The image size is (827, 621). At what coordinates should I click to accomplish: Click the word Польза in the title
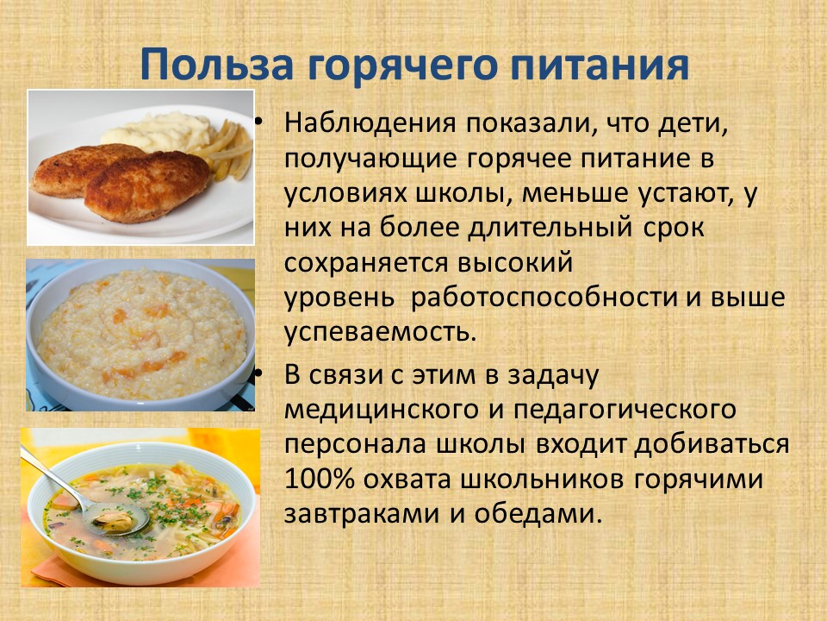pos(217,64)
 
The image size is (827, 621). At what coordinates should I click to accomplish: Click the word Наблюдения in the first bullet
pos(370,123)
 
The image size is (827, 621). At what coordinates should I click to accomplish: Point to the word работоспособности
pos(544,298)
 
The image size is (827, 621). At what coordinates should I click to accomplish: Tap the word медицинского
pos(381,410)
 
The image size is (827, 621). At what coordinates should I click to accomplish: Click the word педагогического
pos(625,410)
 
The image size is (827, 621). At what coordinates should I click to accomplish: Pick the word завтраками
pos(361,514)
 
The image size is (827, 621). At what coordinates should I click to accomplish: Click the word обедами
pos(538,512)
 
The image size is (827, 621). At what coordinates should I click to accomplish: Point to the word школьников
pos(541,480)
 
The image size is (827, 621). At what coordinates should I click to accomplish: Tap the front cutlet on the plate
pos(147,186)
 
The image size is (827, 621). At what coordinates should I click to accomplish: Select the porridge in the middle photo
pos(141,334)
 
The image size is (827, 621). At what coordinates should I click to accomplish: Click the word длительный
pos(550,228)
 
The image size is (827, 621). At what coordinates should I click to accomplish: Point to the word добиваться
pos(712,443)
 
